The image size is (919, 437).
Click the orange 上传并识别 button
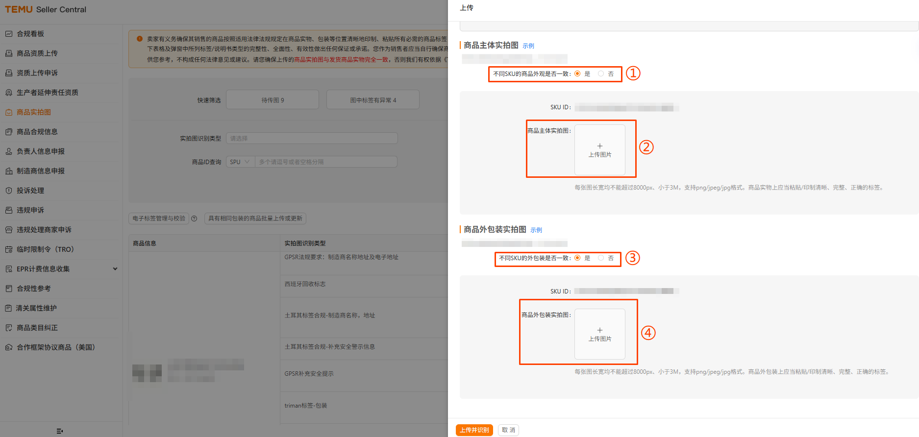[474, 430]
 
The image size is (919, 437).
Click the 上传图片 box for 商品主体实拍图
[599, 150]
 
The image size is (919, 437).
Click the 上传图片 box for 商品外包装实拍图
[599, 334]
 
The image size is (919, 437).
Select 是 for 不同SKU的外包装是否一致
[577, 258]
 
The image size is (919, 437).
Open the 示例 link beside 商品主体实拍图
[528, 46]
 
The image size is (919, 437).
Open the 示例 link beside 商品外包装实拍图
[536, 230]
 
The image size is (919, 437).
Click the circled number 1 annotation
[633, 73]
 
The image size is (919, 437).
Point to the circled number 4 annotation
[648, 333]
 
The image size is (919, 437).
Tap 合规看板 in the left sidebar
[30, 34]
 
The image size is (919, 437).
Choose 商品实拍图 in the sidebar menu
[33, 112]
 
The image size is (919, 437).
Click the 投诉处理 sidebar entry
[30, 191]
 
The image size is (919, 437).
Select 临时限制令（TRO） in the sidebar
[45, 249]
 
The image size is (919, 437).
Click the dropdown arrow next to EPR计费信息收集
[115, 269]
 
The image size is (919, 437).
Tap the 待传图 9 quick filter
[273, 100]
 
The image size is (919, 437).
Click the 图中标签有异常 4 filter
[373, 100]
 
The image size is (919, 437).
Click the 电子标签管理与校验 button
[159, 218]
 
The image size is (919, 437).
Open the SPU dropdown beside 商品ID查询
[240, 162]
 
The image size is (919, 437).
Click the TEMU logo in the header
[19, 9]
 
